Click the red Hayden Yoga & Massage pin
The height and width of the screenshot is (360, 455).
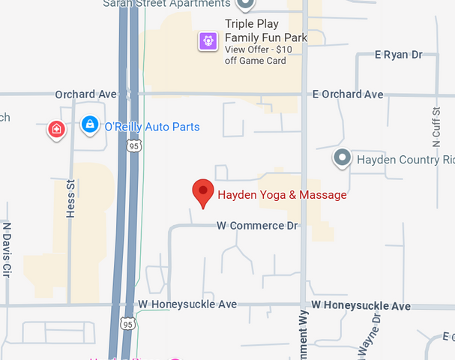(202, 193)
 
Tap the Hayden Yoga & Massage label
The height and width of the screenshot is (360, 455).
(282, 195)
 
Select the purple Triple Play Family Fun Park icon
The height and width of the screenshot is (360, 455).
(208, 40)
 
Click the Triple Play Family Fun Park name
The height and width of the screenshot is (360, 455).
(266, 30)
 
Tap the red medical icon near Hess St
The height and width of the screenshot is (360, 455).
(56, 129)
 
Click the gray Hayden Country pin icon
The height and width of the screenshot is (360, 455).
(343, 158)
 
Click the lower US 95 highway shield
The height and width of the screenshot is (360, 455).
(127, 323)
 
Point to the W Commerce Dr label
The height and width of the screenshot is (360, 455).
(257, 225)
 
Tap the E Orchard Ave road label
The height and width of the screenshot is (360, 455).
(348, 94)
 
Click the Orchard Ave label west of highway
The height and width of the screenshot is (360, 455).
(86, 94)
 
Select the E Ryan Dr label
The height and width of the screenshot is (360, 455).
(399, 55)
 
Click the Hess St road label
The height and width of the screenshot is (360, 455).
(71, 199)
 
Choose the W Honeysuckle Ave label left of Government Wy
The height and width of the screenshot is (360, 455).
(187, 304)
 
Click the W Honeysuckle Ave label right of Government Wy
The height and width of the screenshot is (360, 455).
(361, 306)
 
